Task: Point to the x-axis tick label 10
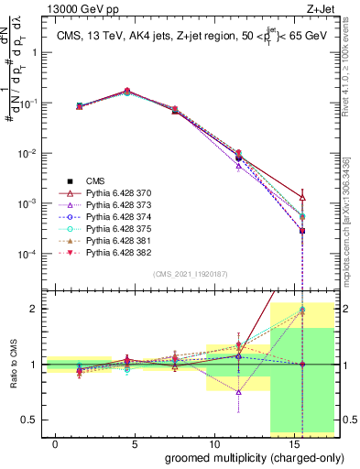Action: click(213, 444)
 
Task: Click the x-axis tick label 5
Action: click(135, 444)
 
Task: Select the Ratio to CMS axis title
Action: click(12, 376)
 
